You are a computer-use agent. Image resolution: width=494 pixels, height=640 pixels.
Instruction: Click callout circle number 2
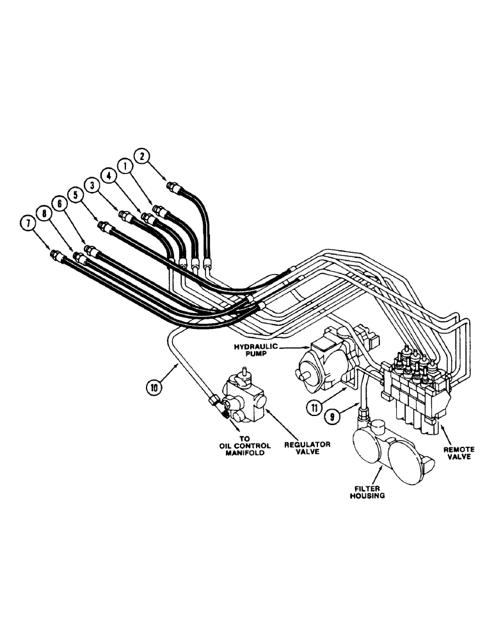click(143, 156)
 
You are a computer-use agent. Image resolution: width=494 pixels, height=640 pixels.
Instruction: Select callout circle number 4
click(109, 175)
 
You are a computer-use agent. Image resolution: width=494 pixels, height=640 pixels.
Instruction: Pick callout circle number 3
click(94, 186)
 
